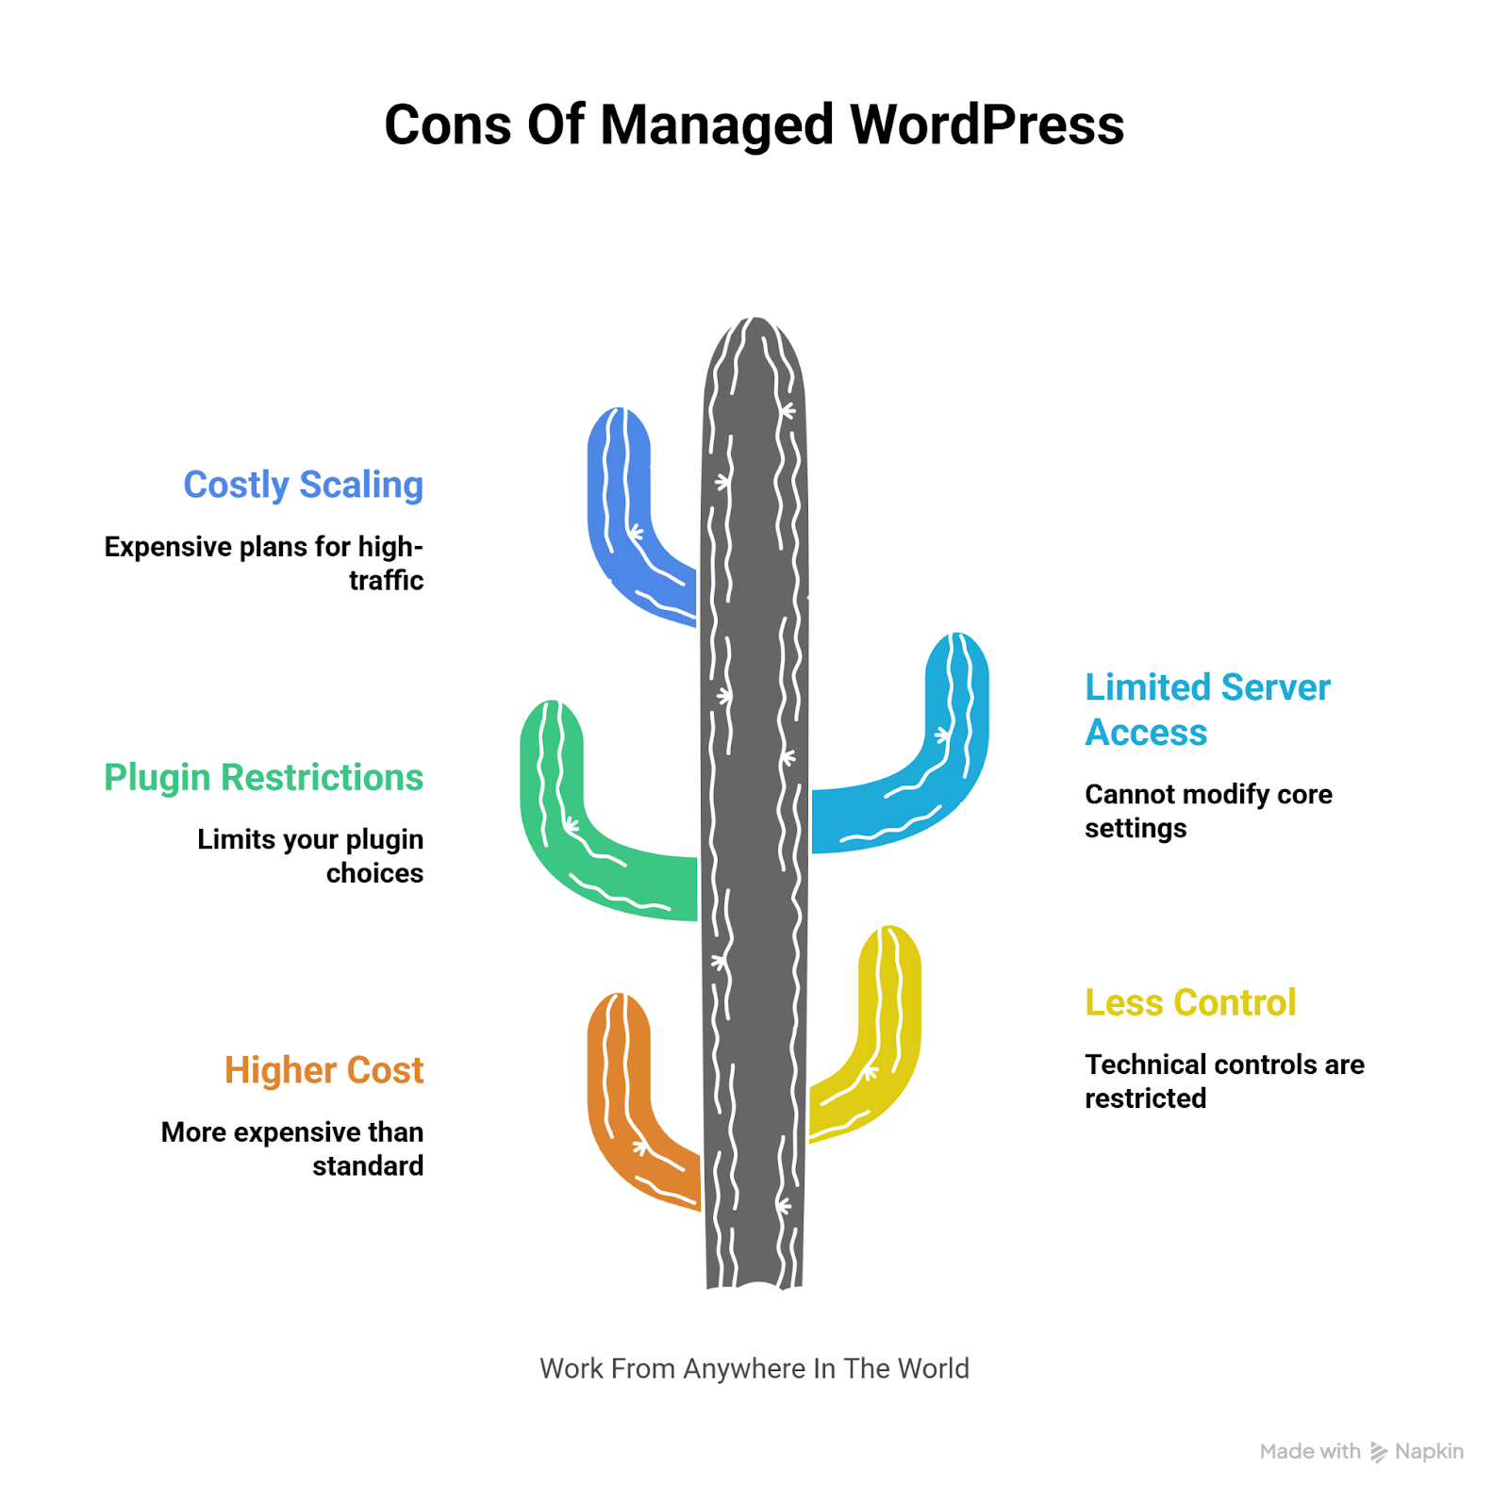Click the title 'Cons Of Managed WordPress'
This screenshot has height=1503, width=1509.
(x=754, y=124)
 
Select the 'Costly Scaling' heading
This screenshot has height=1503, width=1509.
(x=303, y=485)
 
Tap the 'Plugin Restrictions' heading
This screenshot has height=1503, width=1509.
(x=263, y=778)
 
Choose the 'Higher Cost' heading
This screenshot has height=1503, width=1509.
(x=323, y=1070)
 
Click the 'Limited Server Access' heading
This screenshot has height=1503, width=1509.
(x=1206, y=709)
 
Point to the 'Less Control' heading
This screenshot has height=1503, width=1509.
(x=1190, y=1002)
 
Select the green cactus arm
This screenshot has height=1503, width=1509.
(x=566, y=820)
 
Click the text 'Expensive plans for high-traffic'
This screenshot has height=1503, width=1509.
(x=264, y=563)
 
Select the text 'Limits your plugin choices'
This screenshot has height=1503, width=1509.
(x=311, y=856)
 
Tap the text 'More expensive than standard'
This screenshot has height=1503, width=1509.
(x=292, y=1148)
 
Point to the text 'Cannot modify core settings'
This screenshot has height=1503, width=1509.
(x=1208, y=811)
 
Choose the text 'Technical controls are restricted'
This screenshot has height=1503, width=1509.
(x=1224, y=1081)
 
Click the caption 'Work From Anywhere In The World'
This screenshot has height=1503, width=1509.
(x=754, y=1368)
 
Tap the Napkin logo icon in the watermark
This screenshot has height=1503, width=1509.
(x=1378, y=1452)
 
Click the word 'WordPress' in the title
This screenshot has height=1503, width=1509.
(x=987, y=124)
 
